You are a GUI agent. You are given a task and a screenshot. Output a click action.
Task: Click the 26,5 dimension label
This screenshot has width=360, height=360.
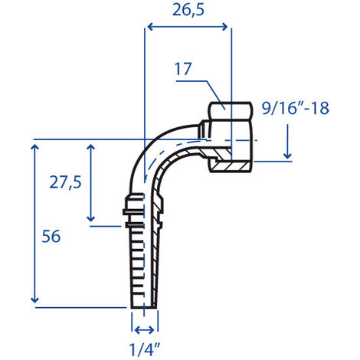[x=188, y=11]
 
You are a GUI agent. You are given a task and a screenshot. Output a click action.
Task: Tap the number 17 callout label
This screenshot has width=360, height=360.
[x=183, y=69]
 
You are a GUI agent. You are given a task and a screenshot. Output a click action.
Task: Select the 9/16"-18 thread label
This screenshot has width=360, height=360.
[x=296, y=108]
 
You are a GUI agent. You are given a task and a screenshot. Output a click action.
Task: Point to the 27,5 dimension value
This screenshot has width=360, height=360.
[x=65, y=182]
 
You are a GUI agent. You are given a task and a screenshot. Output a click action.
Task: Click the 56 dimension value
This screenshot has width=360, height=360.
[x=51, y=236]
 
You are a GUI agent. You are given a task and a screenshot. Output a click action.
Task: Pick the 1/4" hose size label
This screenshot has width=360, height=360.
[x=145, y=349]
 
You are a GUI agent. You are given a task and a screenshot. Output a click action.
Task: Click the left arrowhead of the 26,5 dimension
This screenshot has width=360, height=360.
[x=151, y=27]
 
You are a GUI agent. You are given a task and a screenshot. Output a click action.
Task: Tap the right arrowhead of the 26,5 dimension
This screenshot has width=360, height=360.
[x=224, y=27]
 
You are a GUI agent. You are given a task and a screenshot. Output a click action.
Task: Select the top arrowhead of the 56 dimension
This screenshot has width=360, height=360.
[x=34, y=147]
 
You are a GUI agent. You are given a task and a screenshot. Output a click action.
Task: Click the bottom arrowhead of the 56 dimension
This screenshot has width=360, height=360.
[x=34, y=299]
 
